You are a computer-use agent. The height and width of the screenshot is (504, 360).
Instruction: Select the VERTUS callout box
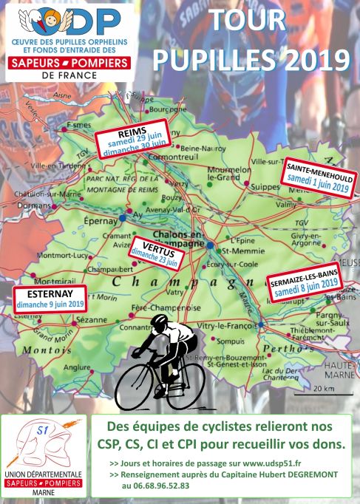pyautogui.click(x=154, y=253)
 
